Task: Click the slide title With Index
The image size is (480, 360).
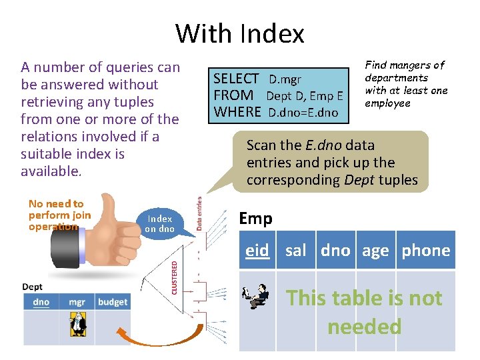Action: click(x=240, y=33)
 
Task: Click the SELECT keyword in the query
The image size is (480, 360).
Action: click(x=235, y=79)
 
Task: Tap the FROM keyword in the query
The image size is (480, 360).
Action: click(x=233, y=96)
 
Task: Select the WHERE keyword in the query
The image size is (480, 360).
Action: click(x=237, y=112)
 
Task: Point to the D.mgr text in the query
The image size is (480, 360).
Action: click(x=285, y=80)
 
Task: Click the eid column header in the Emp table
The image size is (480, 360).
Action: click(x=257, y=251)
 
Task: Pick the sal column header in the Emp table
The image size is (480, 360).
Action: click(x=296, y=251)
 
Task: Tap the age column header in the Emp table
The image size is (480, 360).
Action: click(x=375, y=251)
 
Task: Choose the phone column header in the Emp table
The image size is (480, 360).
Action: click(x=426, y=251)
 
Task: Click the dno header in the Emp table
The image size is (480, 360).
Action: click(x=335, y=251)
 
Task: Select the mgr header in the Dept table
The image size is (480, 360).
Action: click(x=77, y=302)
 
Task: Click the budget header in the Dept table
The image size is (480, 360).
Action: click(x=112, y=302)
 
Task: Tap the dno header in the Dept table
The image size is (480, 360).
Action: click(x=41, y=302)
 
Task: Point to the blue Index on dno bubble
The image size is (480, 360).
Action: click(x=160, y=223)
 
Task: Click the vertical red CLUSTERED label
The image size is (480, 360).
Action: click(x=175, y=276)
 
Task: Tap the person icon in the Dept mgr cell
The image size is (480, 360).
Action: click(x=77, y=325)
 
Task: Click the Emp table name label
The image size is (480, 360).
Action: click(x=255, y=218)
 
